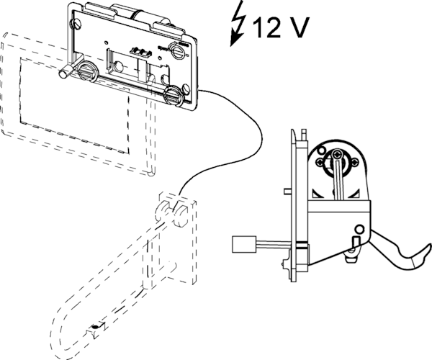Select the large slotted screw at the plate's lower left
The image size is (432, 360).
(x=86, y=73)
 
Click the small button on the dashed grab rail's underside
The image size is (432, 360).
(x=94, y=330)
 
